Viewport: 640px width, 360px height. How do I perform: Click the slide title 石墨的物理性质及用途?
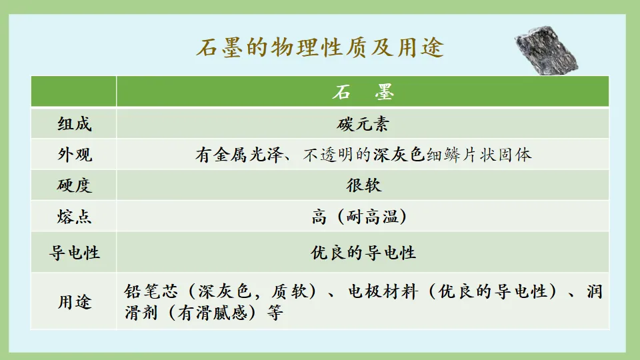[320, 48]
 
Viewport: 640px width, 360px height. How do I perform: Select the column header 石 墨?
[363, 93]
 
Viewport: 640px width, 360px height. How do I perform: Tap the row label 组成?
[74, 125]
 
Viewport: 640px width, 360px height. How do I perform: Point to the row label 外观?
[74, 155]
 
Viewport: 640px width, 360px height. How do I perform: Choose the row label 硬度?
[74, 186]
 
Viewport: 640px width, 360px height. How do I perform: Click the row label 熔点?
[74, 217]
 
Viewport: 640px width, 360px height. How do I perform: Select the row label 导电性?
[74, 253]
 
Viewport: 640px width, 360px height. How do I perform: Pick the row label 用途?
[74, 302]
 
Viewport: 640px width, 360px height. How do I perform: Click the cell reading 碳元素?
[363, 125]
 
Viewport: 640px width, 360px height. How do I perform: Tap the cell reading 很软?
[363, 186]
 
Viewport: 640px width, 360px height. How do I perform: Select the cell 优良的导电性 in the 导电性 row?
[363, 253]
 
